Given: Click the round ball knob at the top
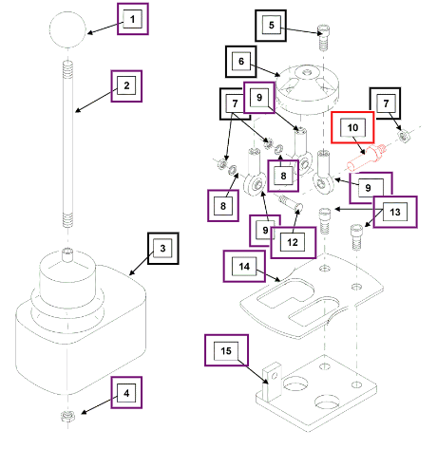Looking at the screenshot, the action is coord(67,29).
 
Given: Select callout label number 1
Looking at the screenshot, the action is coord(133,19).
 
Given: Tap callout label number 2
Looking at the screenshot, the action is coord(126,86).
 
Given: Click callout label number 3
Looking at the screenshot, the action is coord(163,249).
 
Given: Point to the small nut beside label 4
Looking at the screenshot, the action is coord(67,416).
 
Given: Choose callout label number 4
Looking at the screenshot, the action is coord(126,393).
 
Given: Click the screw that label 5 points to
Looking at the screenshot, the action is coord(323,37).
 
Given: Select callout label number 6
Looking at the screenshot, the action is coord(241,62).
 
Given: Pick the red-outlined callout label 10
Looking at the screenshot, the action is coord(352,127).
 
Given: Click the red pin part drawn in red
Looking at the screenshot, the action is coord(367,158).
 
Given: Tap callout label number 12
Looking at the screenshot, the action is coord(294,243).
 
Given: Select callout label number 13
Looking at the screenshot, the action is coord(395,212).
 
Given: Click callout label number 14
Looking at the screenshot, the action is coord(244,266).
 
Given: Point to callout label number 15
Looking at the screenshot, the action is coord(226,350).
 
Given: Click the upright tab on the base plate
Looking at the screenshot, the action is coord(272,383).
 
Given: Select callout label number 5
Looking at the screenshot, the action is coord(271,26).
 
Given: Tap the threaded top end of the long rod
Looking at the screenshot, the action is coord(67,70).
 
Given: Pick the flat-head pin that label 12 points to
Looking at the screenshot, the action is coord(291,203).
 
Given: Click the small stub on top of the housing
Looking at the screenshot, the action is coord(67,255).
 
